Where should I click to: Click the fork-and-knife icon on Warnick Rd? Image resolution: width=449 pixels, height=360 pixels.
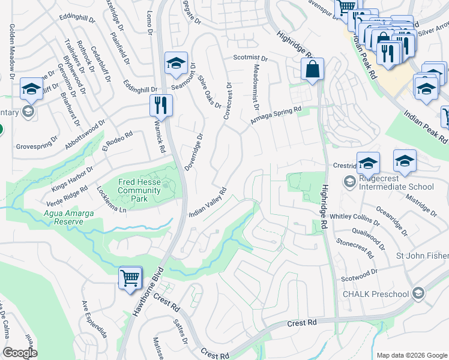point(161,106)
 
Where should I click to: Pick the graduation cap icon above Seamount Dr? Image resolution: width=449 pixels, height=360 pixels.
point(176,63)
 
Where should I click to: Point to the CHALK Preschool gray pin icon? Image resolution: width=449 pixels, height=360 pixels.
point(418,293)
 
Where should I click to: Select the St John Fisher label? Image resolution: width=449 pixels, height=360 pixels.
point(421,256)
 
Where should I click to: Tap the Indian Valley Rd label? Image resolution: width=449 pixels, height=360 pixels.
point(207,203)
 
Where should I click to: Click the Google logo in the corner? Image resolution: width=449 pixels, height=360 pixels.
point(20,352)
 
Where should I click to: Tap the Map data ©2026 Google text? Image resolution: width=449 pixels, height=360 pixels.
point(411,355)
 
